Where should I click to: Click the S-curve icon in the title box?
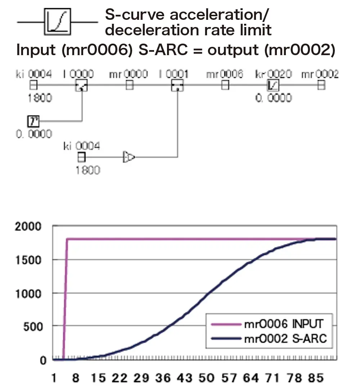click(58, 22)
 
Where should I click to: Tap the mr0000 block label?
click(128, 74)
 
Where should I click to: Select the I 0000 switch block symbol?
click(82, 86)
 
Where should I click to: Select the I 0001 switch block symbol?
click(177, 86)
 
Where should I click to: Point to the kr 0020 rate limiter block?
click(273, 85)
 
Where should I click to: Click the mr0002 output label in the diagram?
click(320, 74)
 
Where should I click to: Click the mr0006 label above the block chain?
click(225, 74)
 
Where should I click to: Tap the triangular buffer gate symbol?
click(129, 157)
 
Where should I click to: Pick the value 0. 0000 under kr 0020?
click(274, 98)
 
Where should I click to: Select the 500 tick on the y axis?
click(33, 327)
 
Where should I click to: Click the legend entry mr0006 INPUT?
click(283, 324)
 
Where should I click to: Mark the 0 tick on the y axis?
click(43, 360)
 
